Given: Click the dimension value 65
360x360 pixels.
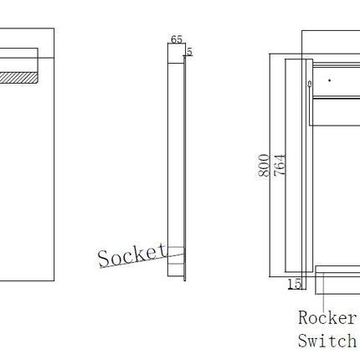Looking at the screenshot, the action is pyautogui.click(x=177, y=39).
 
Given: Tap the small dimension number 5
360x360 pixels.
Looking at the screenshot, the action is pyautogui.click(x=189, y=52).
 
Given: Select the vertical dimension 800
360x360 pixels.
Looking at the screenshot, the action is pyautogui.click(x=264, y=165).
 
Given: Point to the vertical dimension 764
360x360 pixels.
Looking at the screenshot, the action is pyautogui.click(x=280, y=165).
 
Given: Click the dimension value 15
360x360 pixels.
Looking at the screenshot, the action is pyautogui.click(x=295, y=284).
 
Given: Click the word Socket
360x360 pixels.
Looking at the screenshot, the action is pyautogui.click(x=131, y=255).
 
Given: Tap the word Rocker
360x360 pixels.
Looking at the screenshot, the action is pyautogui.click(x=327, y=317).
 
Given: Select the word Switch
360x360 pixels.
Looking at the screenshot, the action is pyautogui.click(x=327, y=341).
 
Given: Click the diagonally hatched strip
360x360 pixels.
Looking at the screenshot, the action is pyautogui.click(x=18, y=78).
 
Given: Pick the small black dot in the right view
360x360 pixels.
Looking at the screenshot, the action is pyautogui.click(x=330, y=80).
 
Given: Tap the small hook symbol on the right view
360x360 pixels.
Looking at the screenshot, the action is pyautogui.click(x=309, y=84).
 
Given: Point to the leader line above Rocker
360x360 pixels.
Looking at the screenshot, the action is pyautogui.click(x=323, y=292).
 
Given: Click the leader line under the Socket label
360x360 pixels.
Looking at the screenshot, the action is pyautogui.click(x=141, y=260).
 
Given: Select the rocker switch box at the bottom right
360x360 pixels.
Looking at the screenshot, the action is pyautogui.click(x=337, y=280).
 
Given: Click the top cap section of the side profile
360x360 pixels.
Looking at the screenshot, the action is pyautogui.click(x=176, y=54).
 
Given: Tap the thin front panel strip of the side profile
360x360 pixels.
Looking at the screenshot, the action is pyautogui.click(x=184, y=168).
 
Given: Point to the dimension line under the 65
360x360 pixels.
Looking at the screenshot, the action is pyautogui.click(x=177, y=44).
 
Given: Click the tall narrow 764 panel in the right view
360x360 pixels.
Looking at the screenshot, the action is pyautogui.click(x=296, y=165).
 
